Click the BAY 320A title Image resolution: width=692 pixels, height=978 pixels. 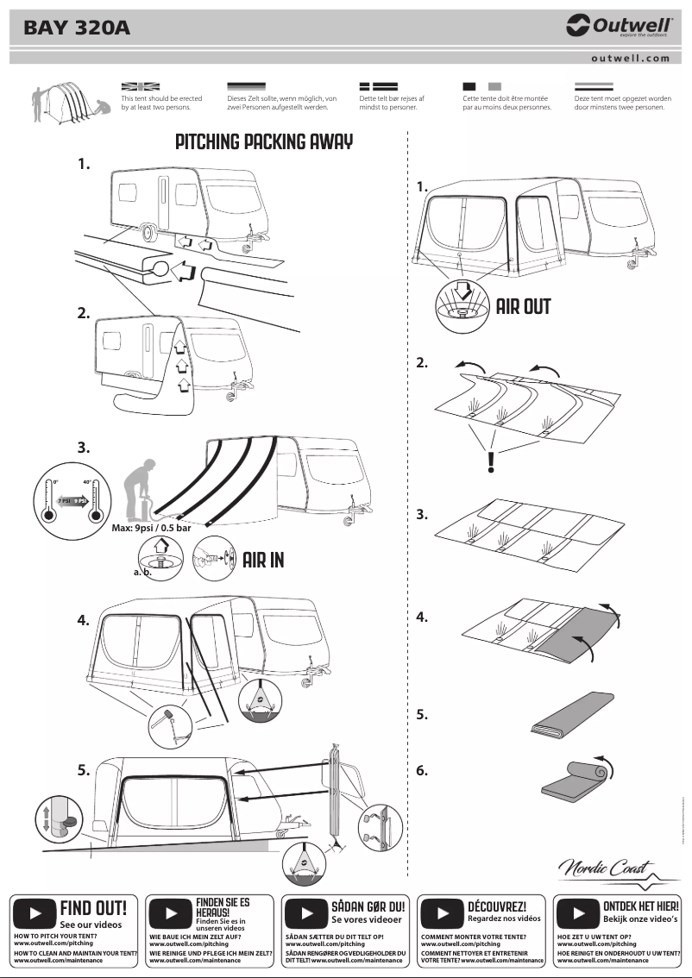77,28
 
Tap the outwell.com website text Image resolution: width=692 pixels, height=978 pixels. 630,59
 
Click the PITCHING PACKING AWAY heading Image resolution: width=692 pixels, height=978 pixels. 264,142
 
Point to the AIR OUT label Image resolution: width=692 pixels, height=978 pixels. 523,307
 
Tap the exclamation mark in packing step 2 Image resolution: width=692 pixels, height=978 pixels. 491,463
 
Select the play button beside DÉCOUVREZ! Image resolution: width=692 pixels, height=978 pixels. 443,912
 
